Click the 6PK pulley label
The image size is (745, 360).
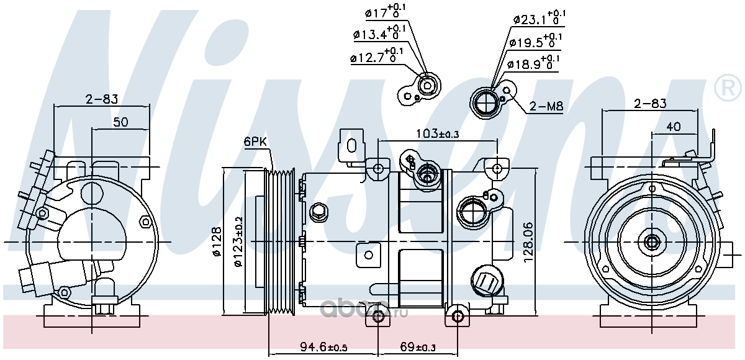pos(255,142)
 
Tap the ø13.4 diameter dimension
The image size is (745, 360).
pos(379,33)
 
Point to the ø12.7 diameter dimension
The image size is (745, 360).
pos(377,56)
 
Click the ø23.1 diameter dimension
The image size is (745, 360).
pos(539,17)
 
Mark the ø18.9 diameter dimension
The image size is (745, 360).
pos(533,63)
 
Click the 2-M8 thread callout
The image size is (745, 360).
pos(546,106)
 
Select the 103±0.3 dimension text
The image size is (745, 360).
pos(437,133)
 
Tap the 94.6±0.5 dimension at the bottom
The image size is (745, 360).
pos(323,348)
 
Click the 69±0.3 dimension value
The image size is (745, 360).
pos(417,348)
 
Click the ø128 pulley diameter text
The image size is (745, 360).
pos(217,241)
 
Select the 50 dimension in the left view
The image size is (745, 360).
pos(120,122)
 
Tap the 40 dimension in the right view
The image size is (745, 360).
pos(674,127)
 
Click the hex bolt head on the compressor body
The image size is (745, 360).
pos(318,211)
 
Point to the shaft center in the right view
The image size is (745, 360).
pos(652,241)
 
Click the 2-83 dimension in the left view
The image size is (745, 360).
pos(102,99)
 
